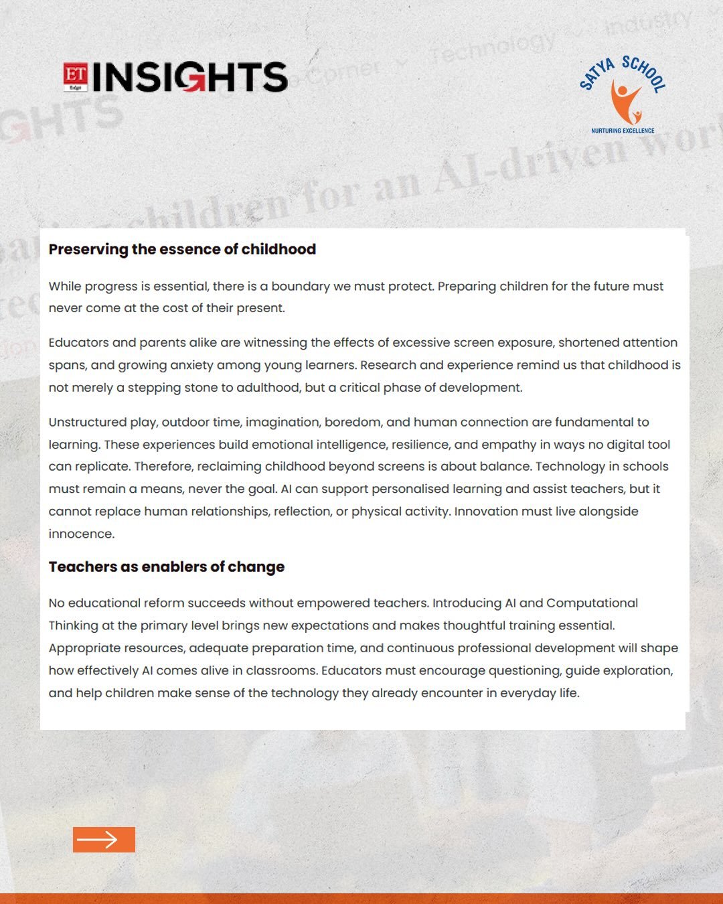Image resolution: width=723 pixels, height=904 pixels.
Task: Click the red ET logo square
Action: click(x=76, y=77)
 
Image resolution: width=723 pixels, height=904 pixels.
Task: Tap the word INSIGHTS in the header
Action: click(x=190, y=77)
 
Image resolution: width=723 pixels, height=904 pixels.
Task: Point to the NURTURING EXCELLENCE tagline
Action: click(x=623, y=131)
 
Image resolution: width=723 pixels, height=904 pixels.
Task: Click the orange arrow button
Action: click(x=104, y=840)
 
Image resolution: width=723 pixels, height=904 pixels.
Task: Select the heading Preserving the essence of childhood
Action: click(x=182, y=249)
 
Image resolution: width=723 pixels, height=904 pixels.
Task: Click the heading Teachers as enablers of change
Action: click(x=167, y=567)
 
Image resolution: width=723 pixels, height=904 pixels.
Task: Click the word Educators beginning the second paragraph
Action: click(x=78, y=343)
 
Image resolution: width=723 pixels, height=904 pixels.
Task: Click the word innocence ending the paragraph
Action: click(x=81, y=534)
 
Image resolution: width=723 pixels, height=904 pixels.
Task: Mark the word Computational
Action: click(x=592, y=603)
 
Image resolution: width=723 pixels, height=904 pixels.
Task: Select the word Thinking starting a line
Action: click(x=73, y=626)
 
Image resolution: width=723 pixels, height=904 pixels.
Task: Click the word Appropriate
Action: click(x=84, y=648)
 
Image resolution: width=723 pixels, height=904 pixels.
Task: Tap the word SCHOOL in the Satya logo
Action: click(x=643, y=73)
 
